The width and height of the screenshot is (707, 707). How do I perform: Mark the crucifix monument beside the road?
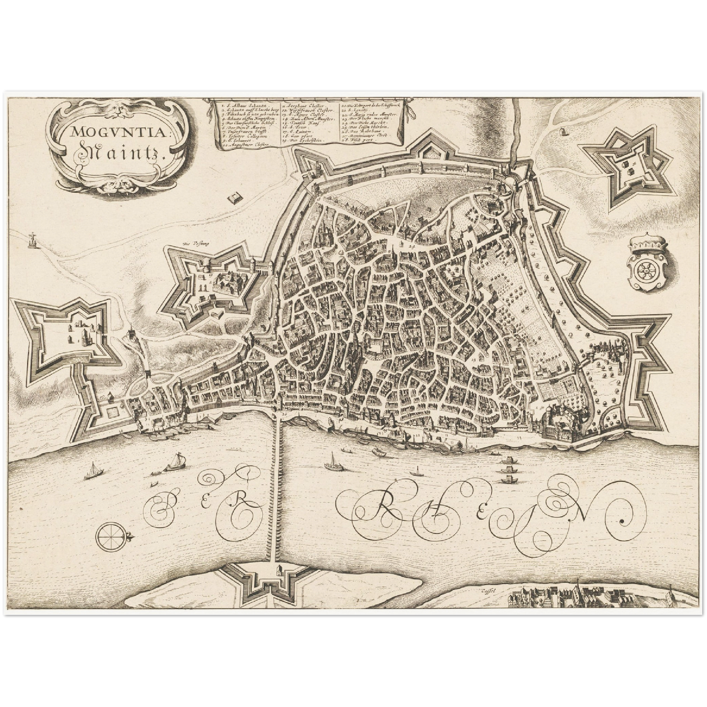pyautogui.click(x=33, y=240)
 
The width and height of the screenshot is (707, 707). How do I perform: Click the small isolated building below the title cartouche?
pyautogui.click(x=236, y=198)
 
